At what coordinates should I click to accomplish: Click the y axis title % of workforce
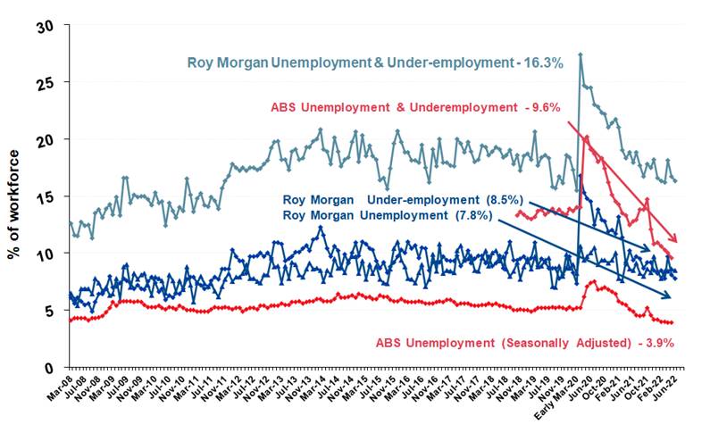click(15, 197)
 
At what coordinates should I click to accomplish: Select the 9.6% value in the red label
click(543, 107)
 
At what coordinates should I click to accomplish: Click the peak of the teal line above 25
click(581, 55)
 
